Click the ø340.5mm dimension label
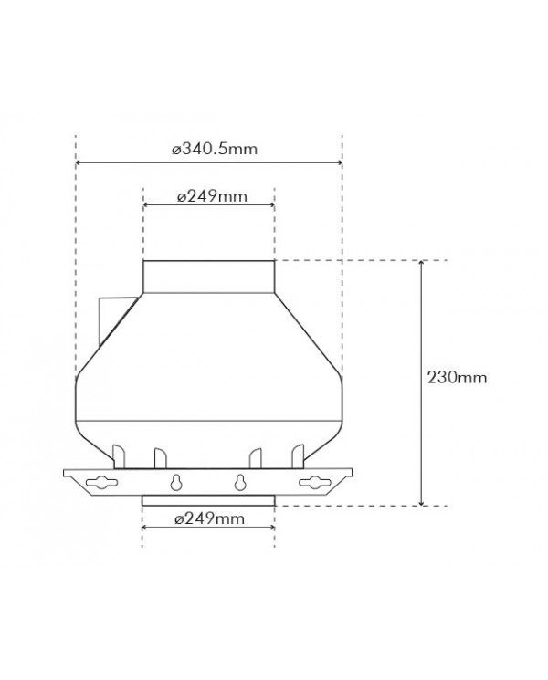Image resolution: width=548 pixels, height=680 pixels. pyautogui.click(x=215, y=149)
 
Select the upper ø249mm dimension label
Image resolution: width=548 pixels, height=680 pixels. pyautogui.click(x=212, y=196)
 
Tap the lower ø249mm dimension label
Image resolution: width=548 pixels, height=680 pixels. pyautogui.click(x=209, y=518)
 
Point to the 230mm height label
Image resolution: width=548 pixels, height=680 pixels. pyautogui.click(x=457, y=377)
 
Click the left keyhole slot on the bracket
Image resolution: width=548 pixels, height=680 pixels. pyautogui.click(x=175, y=482)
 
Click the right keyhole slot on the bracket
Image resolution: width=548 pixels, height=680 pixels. pyautogui.click(x=239, y=482)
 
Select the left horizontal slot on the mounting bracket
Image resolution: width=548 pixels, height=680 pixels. pyautogui.click(x=102, y=482)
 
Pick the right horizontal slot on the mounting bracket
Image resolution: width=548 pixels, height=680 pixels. pyautogui.click(x=314, y=482)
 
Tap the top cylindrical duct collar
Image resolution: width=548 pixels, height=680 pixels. pyautogui.click(x=209, y=277)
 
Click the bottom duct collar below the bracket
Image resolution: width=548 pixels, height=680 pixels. pyautogui.click(x=209, y=501)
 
